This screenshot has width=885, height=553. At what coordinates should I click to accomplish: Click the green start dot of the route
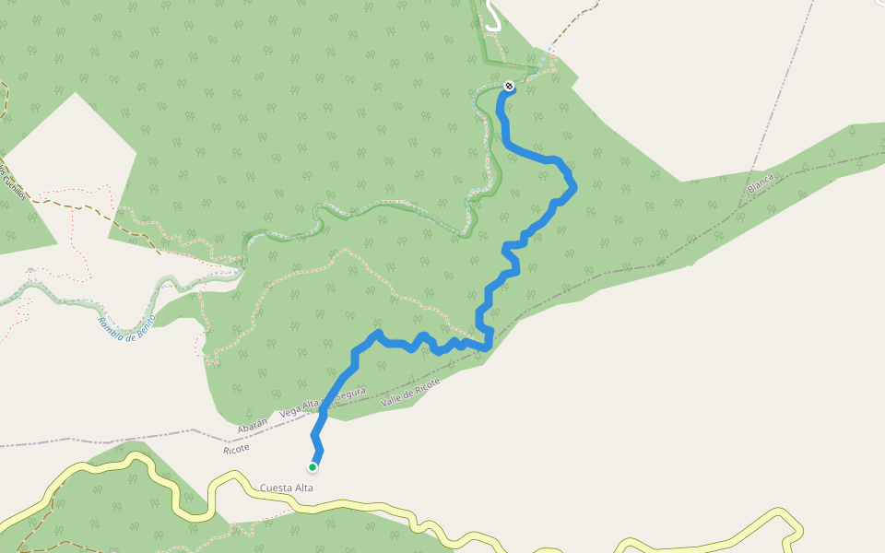pos(313,467)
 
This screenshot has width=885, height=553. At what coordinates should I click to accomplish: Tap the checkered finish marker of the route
pos(509,87)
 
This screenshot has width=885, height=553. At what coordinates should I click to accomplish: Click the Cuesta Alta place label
pos(287,488)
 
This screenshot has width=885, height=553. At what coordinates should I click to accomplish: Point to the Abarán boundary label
pos(253,425)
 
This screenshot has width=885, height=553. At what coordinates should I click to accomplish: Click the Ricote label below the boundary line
pos(237,447)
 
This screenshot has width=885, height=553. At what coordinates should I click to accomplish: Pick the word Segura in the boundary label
pos(352,394)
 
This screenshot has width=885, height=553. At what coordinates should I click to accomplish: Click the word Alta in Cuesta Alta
pos(304,488)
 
